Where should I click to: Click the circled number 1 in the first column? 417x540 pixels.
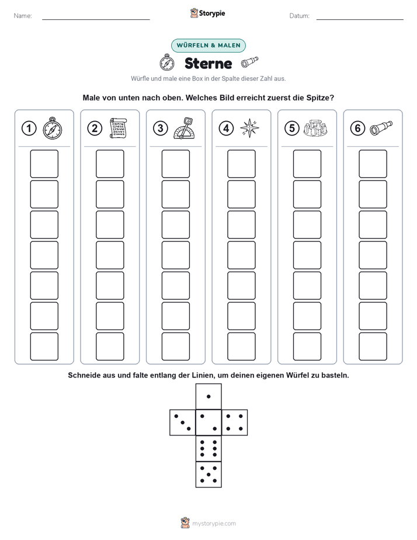[29, 129]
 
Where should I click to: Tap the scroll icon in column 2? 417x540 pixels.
[118, 128]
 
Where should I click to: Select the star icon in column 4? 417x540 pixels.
[249, 128]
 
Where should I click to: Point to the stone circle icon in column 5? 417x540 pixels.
[315, 128]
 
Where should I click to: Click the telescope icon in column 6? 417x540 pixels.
[381, 128]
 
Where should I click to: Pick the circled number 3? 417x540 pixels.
[161, 129]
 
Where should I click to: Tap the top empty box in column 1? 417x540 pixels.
[44, 164]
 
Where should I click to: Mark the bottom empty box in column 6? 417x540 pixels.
[373, 347]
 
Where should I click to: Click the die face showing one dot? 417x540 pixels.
[208, 396]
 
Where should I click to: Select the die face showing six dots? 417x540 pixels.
[208, 448]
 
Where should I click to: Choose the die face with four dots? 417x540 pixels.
[235, 423]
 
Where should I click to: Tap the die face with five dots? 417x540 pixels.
[208, 475]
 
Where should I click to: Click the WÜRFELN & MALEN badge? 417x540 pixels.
[208, 46]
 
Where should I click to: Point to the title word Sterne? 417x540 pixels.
[208, 63]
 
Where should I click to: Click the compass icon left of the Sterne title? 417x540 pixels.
[167, 63]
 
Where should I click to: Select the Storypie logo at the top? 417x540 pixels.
[207, 13]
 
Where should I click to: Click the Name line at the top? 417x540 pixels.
[96, 19]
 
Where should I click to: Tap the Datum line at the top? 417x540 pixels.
[360, 19]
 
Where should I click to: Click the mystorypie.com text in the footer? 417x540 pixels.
[214, 524]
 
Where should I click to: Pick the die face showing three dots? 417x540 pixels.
[183, 423]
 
